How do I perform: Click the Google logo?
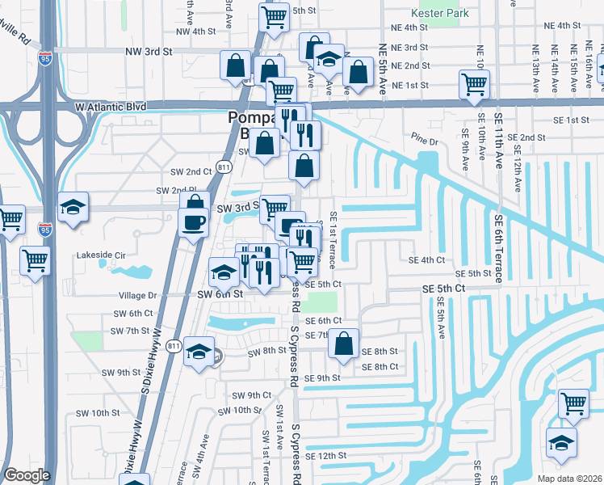(27, 474)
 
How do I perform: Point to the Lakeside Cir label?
(102, 255)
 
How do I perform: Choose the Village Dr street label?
(136, 296)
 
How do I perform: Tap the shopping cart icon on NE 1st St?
(474, 83)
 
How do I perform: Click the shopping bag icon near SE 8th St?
(344, 342)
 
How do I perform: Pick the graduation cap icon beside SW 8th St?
(198, 352)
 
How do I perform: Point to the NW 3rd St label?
(149, 51)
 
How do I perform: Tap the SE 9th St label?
(323, 378)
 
